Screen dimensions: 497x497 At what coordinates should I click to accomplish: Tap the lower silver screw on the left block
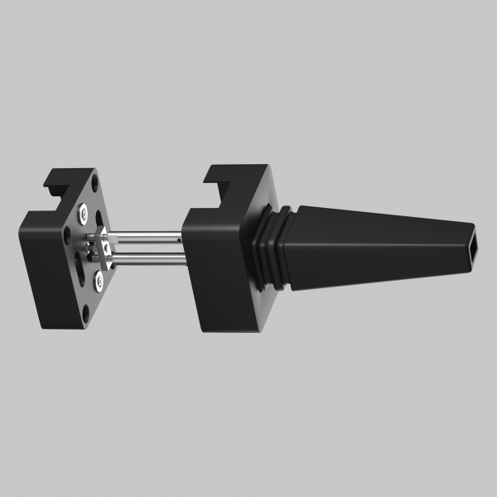pyautogui.click(x=99, y=282)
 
